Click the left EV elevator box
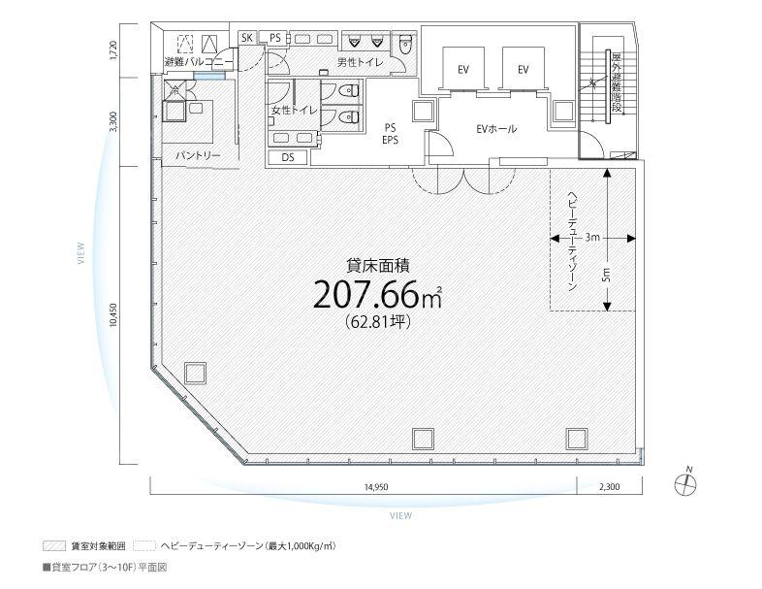pos(463,69)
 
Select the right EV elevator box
pos(523,69)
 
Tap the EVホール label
pos(495,129)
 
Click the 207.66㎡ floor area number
pos(377,295)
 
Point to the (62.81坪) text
pos(377,321)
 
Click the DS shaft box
pos(288,157)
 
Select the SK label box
pos(247,38)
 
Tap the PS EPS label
pos(390,134)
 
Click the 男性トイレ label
pos(360,62)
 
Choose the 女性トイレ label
pos(294,111)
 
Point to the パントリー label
pos(198,155)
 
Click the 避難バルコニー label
pos(199,62)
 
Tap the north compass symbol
pos(685,483)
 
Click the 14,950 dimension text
pos(376,486)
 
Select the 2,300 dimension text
pos(610,486)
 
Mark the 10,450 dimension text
pos(113,315)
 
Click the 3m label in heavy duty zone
pos(592,238)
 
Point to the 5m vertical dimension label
pos(607,276)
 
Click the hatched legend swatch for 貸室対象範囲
pos(54,545)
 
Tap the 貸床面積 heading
pos(377,265)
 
